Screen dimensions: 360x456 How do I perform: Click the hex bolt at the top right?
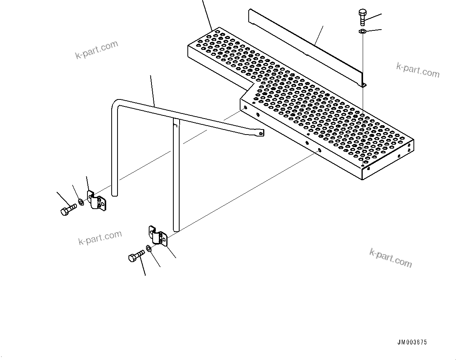(x=362, y=17)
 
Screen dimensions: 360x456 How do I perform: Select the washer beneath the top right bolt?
(x=362, y=32)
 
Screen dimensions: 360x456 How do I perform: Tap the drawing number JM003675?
(x=412, y=342)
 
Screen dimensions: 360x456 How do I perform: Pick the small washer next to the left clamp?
(x=80, y=202)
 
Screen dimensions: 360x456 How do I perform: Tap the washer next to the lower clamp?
(x=150, y=248)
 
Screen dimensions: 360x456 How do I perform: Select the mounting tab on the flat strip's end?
(x=363, y=85)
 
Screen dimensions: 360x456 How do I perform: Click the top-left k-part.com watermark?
(x=96, y=49)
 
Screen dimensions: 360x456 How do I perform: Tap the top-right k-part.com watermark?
(x=418, y=70)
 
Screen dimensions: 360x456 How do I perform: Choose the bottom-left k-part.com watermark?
(x=100, y=238)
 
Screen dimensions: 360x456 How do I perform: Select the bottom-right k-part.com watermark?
(x=390, y=258)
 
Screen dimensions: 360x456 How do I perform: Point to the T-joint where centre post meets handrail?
(x=176, y=122)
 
